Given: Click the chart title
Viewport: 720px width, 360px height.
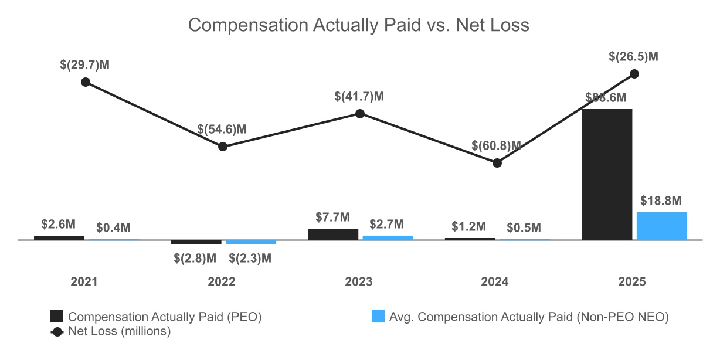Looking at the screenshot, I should click(359, 26).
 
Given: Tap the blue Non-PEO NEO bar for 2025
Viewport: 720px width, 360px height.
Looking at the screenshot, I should click(661, 226).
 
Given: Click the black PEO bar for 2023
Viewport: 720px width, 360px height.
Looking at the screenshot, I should click(333, 234).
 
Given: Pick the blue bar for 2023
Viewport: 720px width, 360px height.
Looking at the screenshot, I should click(388, 237).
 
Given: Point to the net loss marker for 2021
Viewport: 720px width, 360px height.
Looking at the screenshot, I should click(86, 82).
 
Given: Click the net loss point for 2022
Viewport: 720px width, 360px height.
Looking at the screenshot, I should click(223, 146).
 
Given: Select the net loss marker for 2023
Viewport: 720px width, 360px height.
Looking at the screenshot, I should click(360, 113).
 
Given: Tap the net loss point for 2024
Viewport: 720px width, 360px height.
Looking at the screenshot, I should click(497, 163).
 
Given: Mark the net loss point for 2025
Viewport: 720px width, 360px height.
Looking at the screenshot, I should click(634, 74).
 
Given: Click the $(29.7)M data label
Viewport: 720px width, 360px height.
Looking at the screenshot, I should click(85, 65).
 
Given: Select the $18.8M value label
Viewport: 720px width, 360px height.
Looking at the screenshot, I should click(661, 201).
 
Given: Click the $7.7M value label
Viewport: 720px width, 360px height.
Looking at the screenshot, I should click(332, 217).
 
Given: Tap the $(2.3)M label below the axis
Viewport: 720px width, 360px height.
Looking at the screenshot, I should click(250, 258).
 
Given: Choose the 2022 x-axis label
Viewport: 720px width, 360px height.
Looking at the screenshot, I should click(222, 282).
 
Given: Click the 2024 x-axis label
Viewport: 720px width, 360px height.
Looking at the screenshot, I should click(495, 282).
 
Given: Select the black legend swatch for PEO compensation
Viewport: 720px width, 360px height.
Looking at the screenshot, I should click(57, 317).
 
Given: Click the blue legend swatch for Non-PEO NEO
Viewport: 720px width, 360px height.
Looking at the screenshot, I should click(378, 317).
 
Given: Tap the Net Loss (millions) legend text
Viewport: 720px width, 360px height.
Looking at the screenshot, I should click(119, 331).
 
